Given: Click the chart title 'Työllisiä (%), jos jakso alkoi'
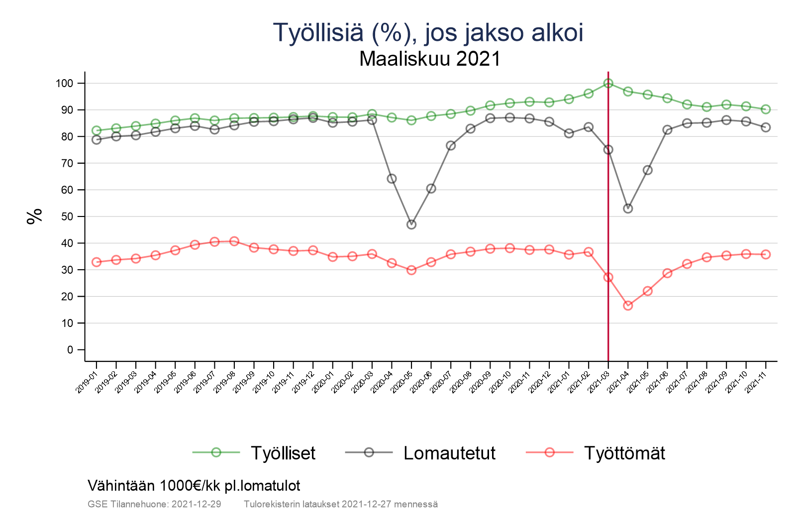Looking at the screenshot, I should tap(428, 32).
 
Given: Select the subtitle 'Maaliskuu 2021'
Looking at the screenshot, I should tap(430, 59).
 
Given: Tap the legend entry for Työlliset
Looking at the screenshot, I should tap(283, 453).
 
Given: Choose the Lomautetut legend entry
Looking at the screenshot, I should tap(449, 453).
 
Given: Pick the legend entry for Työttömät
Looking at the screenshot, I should tap(624, 453).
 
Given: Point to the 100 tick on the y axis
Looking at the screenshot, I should tap(64, 83).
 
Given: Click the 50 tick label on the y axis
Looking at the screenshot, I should tap(67, 216).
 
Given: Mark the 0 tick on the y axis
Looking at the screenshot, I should tap(70, 350).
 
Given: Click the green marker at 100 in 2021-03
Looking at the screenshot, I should tap(608, 83).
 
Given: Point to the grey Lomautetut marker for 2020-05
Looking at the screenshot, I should tap(411, 224).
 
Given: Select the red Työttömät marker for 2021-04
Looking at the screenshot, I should tap(628, 306).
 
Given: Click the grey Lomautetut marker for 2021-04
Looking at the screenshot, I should tap(628, 209).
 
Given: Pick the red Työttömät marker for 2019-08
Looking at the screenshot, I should tap(234, 241).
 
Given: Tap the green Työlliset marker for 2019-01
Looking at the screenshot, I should tap(97, 130).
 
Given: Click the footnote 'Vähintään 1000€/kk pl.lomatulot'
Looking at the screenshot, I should tap(194, 485).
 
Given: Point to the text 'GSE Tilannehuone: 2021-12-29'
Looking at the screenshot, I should tap(154, 504).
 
